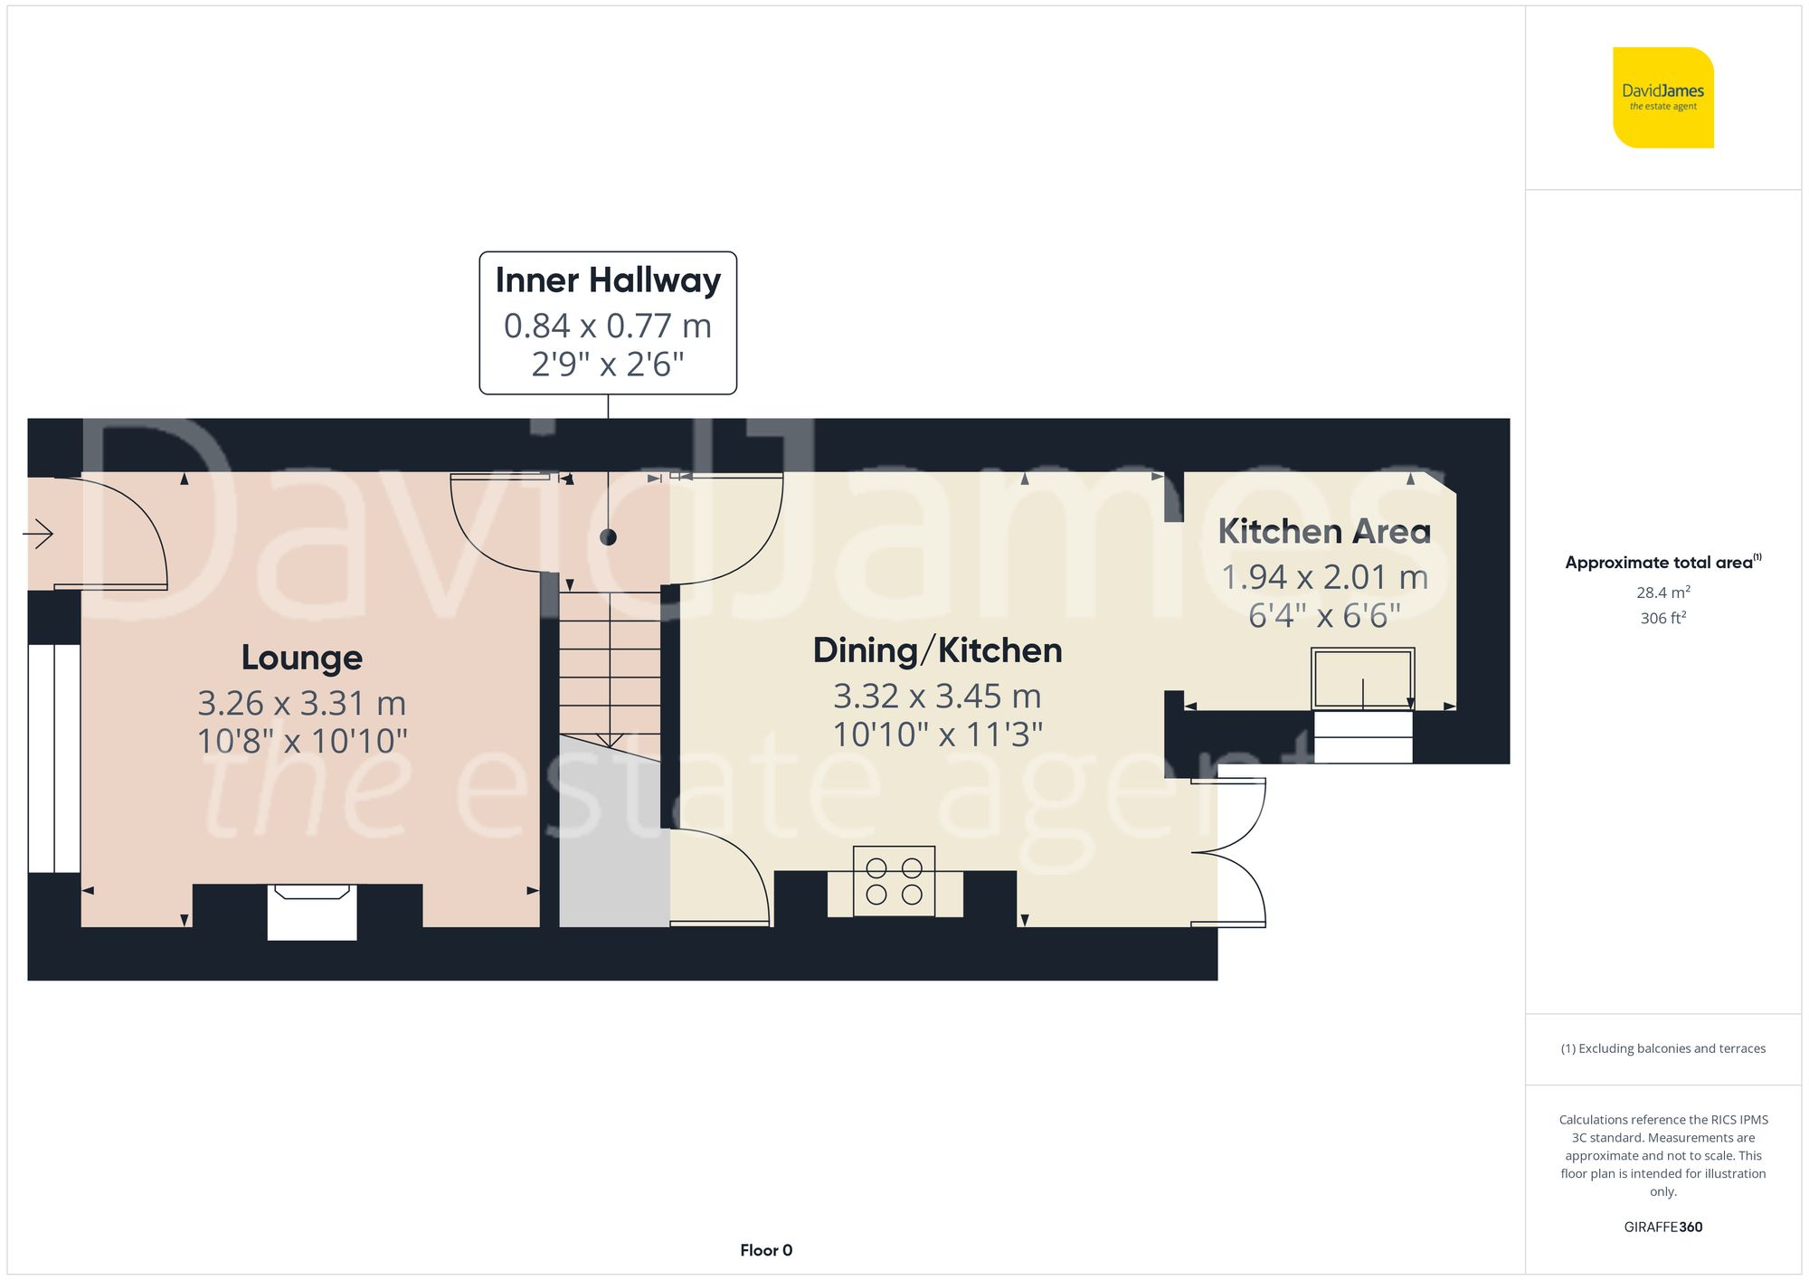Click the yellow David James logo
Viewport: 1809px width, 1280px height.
point(1662,98)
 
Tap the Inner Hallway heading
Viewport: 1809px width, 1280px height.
point(608,280)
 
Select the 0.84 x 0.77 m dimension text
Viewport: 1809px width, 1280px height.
point(608,326)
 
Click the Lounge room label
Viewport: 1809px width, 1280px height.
point(302,658)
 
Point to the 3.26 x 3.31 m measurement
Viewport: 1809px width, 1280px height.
point(302,703)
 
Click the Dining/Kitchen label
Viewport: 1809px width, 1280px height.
point(937,650)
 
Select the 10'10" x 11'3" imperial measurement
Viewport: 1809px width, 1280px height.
point(937,735)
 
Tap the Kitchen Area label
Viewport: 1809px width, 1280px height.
point(1324,531)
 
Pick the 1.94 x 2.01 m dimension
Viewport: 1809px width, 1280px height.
point(1324,577)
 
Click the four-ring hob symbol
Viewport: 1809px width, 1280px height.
point(894,881)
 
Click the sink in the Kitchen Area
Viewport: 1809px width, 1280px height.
point(1363,679)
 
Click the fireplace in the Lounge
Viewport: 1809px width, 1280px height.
point(312,912)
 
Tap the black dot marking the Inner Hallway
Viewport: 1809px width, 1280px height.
point(608,537)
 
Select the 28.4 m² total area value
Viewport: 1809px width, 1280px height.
point(1662,593)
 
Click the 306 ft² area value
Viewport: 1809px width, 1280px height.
point(1662,618)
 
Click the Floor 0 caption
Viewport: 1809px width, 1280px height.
point(766,1250)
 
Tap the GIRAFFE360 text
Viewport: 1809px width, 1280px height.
point(1662,1227)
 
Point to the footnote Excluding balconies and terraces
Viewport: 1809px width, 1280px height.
point(1662,1048)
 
